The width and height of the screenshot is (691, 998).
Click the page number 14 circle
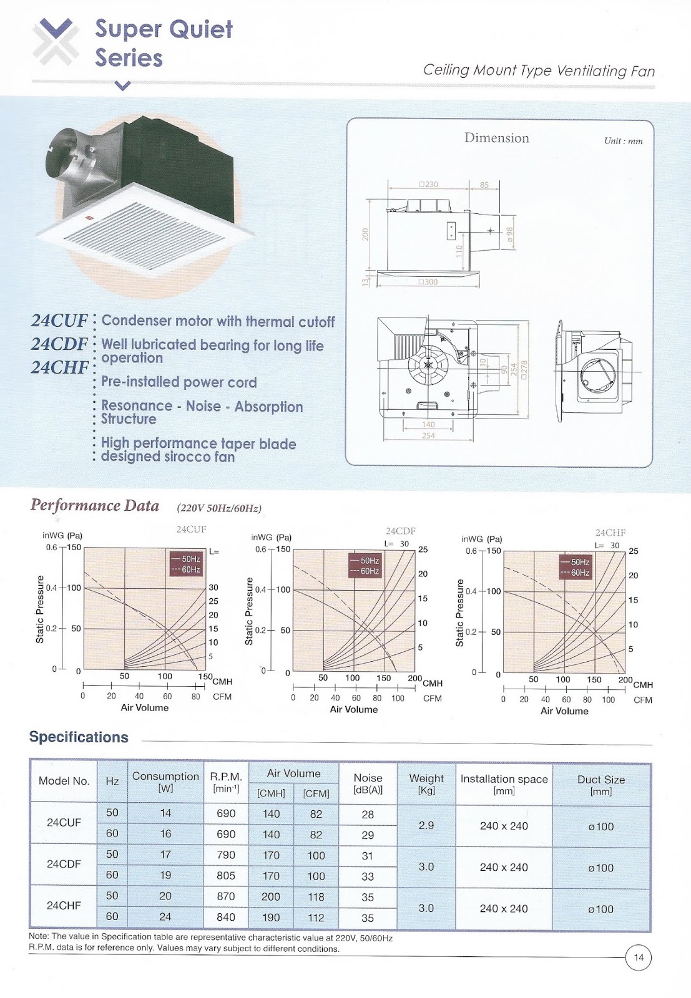[x=639, y=957]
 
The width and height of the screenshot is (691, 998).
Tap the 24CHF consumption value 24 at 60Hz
[x=165, y=916]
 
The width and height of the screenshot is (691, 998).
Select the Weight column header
[x=426, y=783]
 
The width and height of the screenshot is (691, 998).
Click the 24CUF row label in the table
[x=64, y=822]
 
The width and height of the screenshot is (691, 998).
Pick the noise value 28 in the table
[x=368, y=814]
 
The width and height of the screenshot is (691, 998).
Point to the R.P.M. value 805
[x=226, y=875]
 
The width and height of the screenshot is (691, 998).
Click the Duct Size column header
[x=600, y=785]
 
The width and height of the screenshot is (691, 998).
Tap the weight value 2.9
[x=426, y=825]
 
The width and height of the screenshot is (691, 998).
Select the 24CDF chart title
[x=400, y=531]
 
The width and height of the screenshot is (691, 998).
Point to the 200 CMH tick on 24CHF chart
[x=625, y=680]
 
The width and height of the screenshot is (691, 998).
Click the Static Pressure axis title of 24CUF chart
[x=40, y=609]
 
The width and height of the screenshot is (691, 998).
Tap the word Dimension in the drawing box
[x=496, y=138]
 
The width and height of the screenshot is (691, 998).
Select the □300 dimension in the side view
[x=428, y=282]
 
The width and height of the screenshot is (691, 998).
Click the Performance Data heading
[x=95, y=505]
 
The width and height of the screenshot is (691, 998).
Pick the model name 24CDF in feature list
[x=59, y=344]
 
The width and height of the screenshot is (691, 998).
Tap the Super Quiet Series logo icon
[x=56, y=42]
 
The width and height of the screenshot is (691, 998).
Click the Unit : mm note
[x=622, y=141]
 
